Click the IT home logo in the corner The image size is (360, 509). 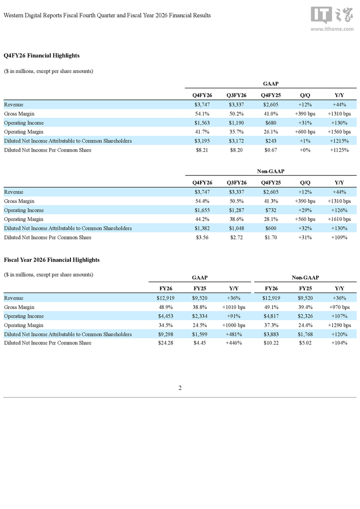332,15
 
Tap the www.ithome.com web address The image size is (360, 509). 332,29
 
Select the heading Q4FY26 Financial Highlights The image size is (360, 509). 42,56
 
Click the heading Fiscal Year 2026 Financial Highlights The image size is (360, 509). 51,260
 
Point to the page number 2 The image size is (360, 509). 180,388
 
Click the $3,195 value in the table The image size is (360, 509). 202,141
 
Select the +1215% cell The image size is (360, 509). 339,141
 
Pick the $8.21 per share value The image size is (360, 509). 202,150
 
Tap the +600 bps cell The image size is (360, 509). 305,132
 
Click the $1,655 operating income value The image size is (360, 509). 202,210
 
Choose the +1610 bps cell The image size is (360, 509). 339,219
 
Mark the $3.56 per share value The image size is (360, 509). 202,238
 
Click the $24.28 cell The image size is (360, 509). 166,343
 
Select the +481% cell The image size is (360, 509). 233,334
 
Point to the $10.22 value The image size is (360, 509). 271,343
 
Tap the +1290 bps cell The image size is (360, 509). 339,325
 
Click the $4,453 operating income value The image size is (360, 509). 166,316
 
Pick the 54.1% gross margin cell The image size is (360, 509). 202,114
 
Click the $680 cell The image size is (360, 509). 271,123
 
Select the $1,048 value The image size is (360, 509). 237,228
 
